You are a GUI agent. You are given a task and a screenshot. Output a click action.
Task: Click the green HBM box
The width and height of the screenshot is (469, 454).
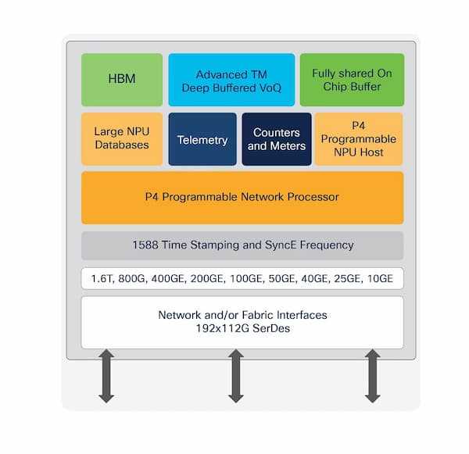(x=122, y=80)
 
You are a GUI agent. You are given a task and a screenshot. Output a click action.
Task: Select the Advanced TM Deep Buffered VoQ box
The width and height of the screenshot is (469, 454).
(x=231, y=80)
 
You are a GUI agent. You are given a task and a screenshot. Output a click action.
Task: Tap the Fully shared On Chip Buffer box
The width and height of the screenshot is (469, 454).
(x=352, y=80)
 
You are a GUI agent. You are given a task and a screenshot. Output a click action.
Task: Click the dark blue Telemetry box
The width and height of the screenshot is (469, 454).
(x=202, y=139)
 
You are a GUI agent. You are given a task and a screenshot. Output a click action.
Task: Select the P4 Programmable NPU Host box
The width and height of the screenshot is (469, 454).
(x=358, y=139)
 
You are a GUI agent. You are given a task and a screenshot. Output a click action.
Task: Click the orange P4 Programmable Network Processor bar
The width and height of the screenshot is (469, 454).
(x=242, y=197)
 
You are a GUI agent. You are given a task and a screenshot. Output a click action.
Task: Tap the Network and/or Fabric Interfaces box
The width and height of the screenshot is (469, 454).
(x=242, y=321)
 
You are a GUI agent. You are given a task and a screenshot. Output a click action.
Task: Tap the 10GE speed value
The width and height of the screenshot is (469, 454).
(x=380, y=278)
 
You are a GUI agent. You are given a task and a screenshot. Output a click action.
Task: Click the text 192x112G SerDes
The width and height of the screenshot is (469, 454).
(x=242, y=329)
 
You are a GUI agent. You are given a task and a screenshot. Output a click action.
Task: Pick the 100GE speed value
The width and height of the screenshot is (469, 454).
(x=243, y=278)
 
